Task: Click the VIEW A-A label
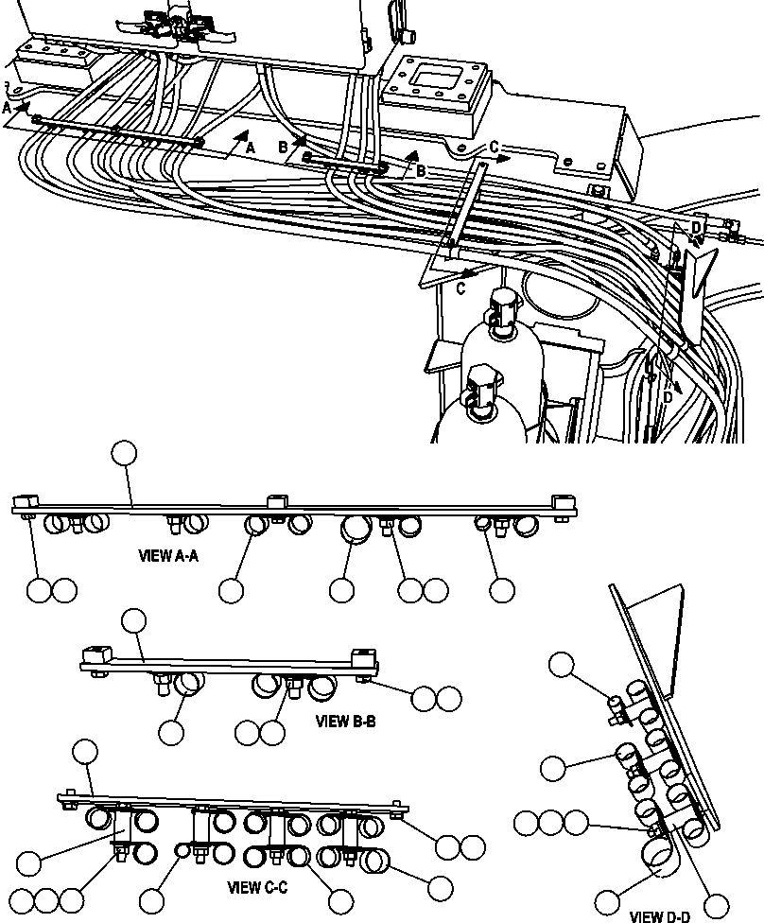click(x=168, y=556)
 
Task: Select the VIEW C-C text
click(x=257, y=888)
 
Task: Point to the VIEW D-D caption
click(x=659, y=915)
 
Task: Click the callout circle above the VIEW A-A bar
click(x=124, y=453)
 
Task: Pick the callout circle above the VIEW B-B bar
click(x=134, y=620)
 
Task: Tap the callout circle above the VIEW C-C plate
click(x=85, y=752)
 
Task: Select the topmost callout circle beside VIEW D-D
click(x=562, y=665)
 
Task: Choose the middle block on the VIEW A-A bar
click(x=276, y=501)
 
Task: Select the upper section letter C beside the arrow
click(x=494, y=148)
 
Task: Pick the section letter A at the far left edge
click(x=7, y=109)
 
